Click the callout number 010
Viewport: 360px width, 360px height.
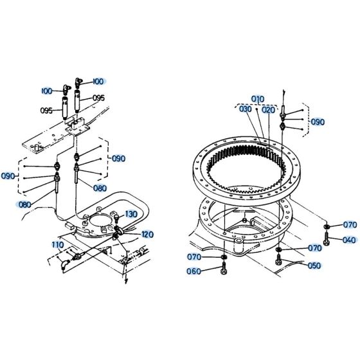pos(258,99)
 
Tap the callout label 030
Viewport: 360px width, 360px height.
pos(246,109)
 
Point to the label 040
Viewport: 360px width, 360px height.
pos(349,240)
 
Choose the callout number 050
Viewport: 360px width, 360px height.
pos(314,265)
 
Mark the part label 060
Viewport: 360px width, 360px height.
pos(194,271)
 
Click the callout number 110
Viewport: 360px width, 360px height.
pos(58,246)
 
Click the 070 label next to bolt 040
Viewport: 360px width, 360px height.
pos(349,224)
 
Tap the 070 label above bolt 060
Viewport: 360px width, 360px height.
pos(194,257)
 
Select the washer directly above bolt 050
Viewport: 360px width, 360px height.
pos(279,249)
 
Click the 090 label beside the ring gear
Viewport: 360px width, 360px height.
pos(318,122)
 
